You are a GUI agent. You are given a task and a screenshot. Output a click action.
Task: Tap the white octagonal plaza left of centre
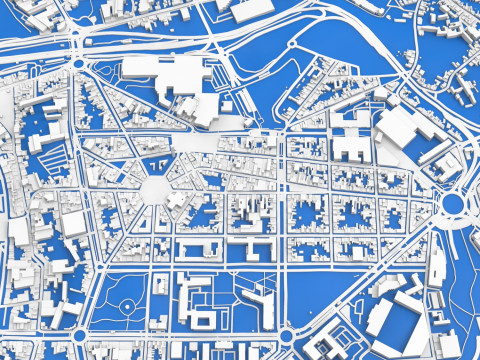point(156,188)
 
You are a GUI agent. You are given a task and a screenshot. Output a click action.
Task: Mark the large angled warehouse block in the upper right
point(411,134)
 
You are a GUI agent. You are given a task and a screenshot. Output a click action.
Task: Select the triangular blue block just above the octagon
point(155,162)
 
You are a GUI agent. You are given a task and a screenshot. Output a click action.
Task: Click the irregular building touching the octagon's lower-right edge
point(177,199)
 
